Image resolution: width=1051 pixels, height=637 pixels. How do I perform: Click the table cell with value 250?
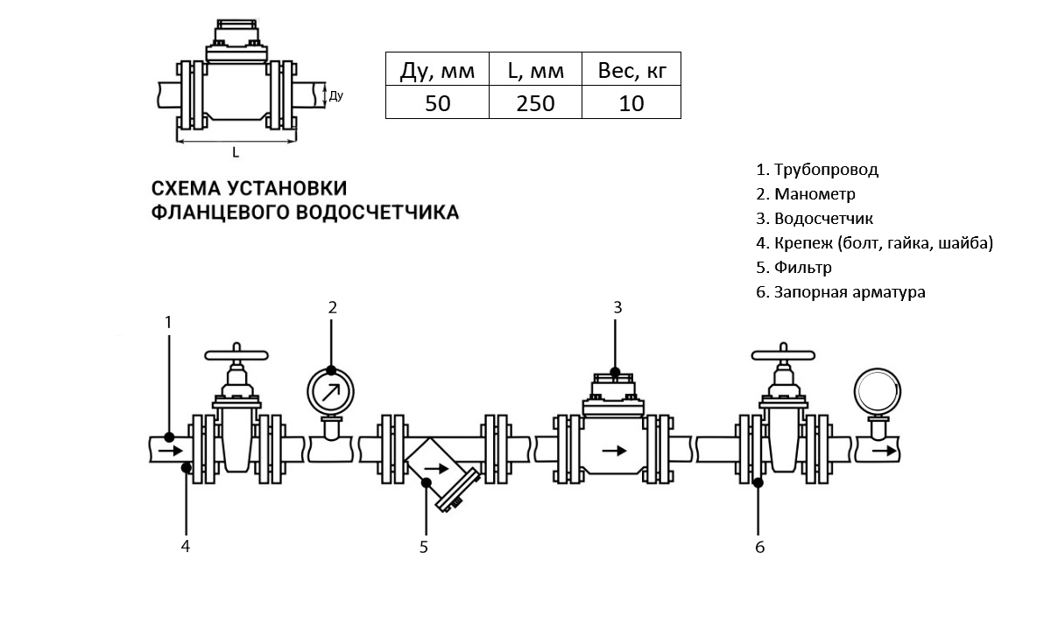point(535,102)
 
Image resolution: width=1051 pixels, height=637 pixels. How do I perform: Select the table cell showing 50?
point(437,102)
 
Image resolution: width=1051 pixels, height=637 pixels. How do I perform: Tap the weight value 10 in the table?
point(631,102)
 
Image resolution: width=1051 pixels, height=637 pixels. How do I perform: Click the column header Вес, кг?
point(631,70)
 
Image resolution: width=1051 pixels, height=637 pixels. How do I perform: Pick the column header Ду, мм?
point(437,70)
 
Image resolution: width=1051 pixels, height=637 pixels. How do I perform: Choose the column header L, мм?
point(535,70)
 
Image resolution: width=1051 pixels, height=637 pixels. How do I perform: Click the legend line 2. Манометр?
point(805,194)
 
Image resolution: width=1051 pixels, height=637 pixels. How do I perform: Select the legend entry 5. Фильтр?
point(794,268)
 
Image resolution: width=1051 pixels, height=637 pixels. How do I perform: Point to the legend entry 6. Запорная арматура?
point(840,292)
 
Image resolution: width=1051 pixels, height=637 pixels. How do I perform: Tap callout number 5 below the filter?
point(424,548)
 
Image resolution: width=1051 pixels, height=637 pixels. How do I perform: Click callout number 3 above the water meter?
point(617,307)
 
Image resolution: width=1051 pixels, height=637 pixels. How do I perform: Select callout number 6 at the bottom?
point(759,548)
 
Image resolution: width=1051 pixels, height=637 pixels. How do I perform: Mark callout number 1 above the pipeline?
point(169,322)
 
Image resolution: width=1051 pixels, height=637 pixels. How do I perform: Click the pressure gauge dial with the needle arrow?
point(331,390)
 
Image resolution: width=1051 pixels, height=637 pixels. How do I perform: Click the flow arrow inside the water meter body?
point(616,451)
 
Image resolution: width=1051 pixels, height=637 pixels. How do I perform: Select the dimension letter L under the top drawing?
point(236,152)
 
